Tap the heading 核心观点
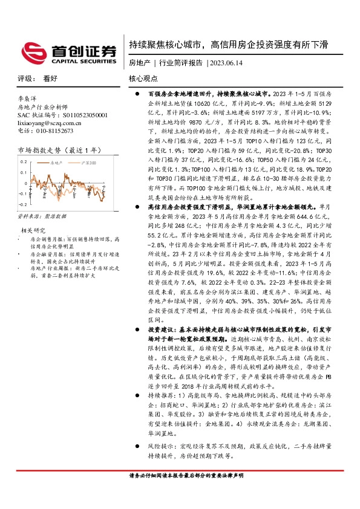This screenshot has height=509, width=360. (x=143, y=79)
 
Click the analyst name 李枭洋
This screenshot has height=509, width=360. (x=28, y=97)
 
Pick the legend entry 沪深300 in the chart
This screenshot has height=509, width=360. (x=88, y=163)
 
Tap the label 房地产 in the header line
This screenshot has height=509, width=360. (x=139, y=63)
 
